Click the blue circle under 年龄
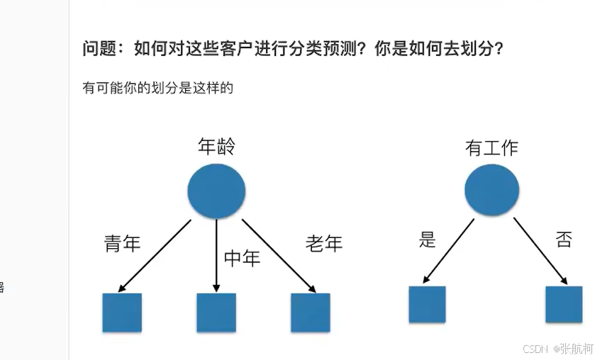click(216, 190)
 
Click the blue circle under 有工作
click(491, 191)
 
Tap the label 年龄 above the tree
click(216, 147)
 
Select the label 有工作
click(491, 147)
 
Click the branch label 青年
click(123, 244)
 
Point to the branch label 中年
click(242, 258)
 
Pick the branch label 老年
click(324, 244)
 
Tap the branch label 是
click(427, 240)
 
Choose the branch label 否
click(564, 240)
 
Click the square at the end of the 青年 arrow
click(122, 313)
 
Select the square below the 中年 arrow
click(216, 313)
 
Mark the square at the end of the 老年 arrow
click(311, 313)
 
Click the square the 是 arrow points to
click(427, 305)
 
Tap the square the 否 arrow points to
click(564, 305)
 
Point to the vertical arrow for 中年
click(216, 255)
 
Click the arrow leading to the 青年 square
click(156, 255)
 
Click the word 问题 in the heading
click(98, 50)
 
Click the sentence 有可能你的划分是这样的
click(158, 89)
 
